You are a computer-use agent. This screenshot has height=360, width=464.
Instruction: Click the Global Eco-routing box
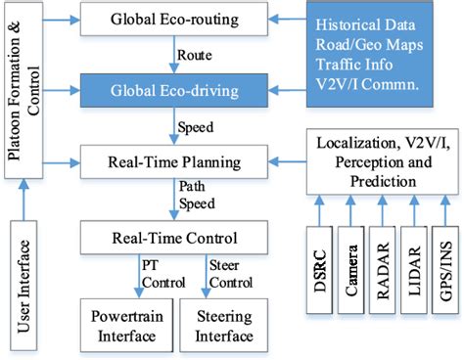[x=171, y=20]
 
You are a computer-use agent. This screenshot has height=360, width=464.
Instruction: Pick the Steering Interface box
[x=221, y=328]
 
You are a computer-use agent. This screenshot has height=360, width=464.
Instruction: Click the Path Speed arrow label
[x=192, y=195]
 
